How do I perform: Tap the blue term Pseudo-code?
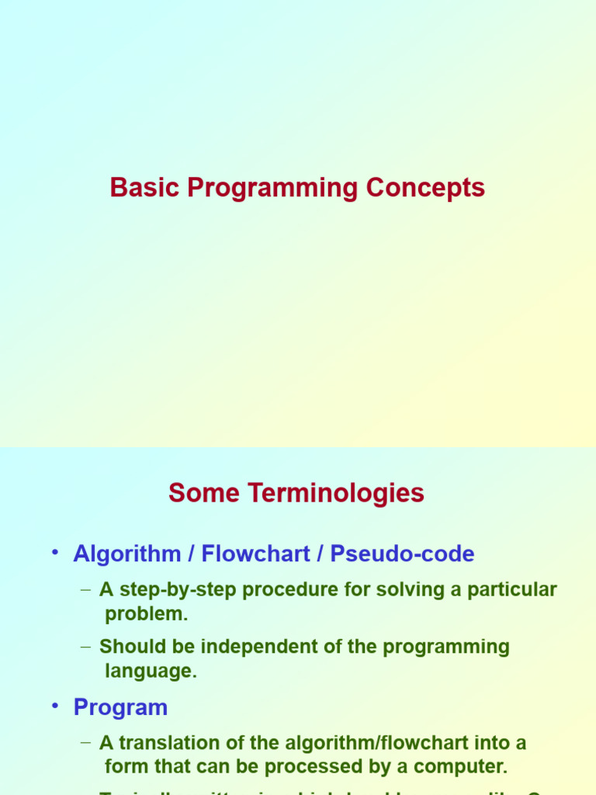pos(402,554)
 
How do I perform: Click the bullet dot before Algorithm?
pos(55,553)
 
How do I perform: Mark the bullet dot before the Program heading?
pos(55,706)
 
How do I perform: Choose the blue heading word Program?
pos(120,708)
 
